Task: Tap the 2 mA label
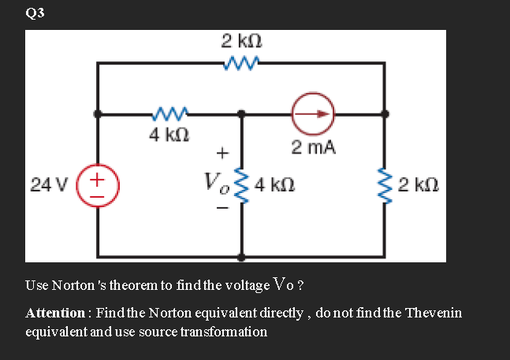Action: point(313,147)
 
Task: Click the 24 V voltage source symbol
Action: point(97,187)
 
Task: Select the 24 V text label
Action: point(48,187)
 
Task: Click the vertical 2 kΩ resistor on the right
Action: point(386,187)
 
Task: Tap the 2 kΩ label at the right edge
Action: point(418,187)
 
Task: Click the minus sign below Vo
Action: point(222,210)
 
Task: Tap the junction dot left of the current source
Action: point(242,113)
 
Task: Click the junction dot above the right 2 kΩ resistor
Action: point(386,113)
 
